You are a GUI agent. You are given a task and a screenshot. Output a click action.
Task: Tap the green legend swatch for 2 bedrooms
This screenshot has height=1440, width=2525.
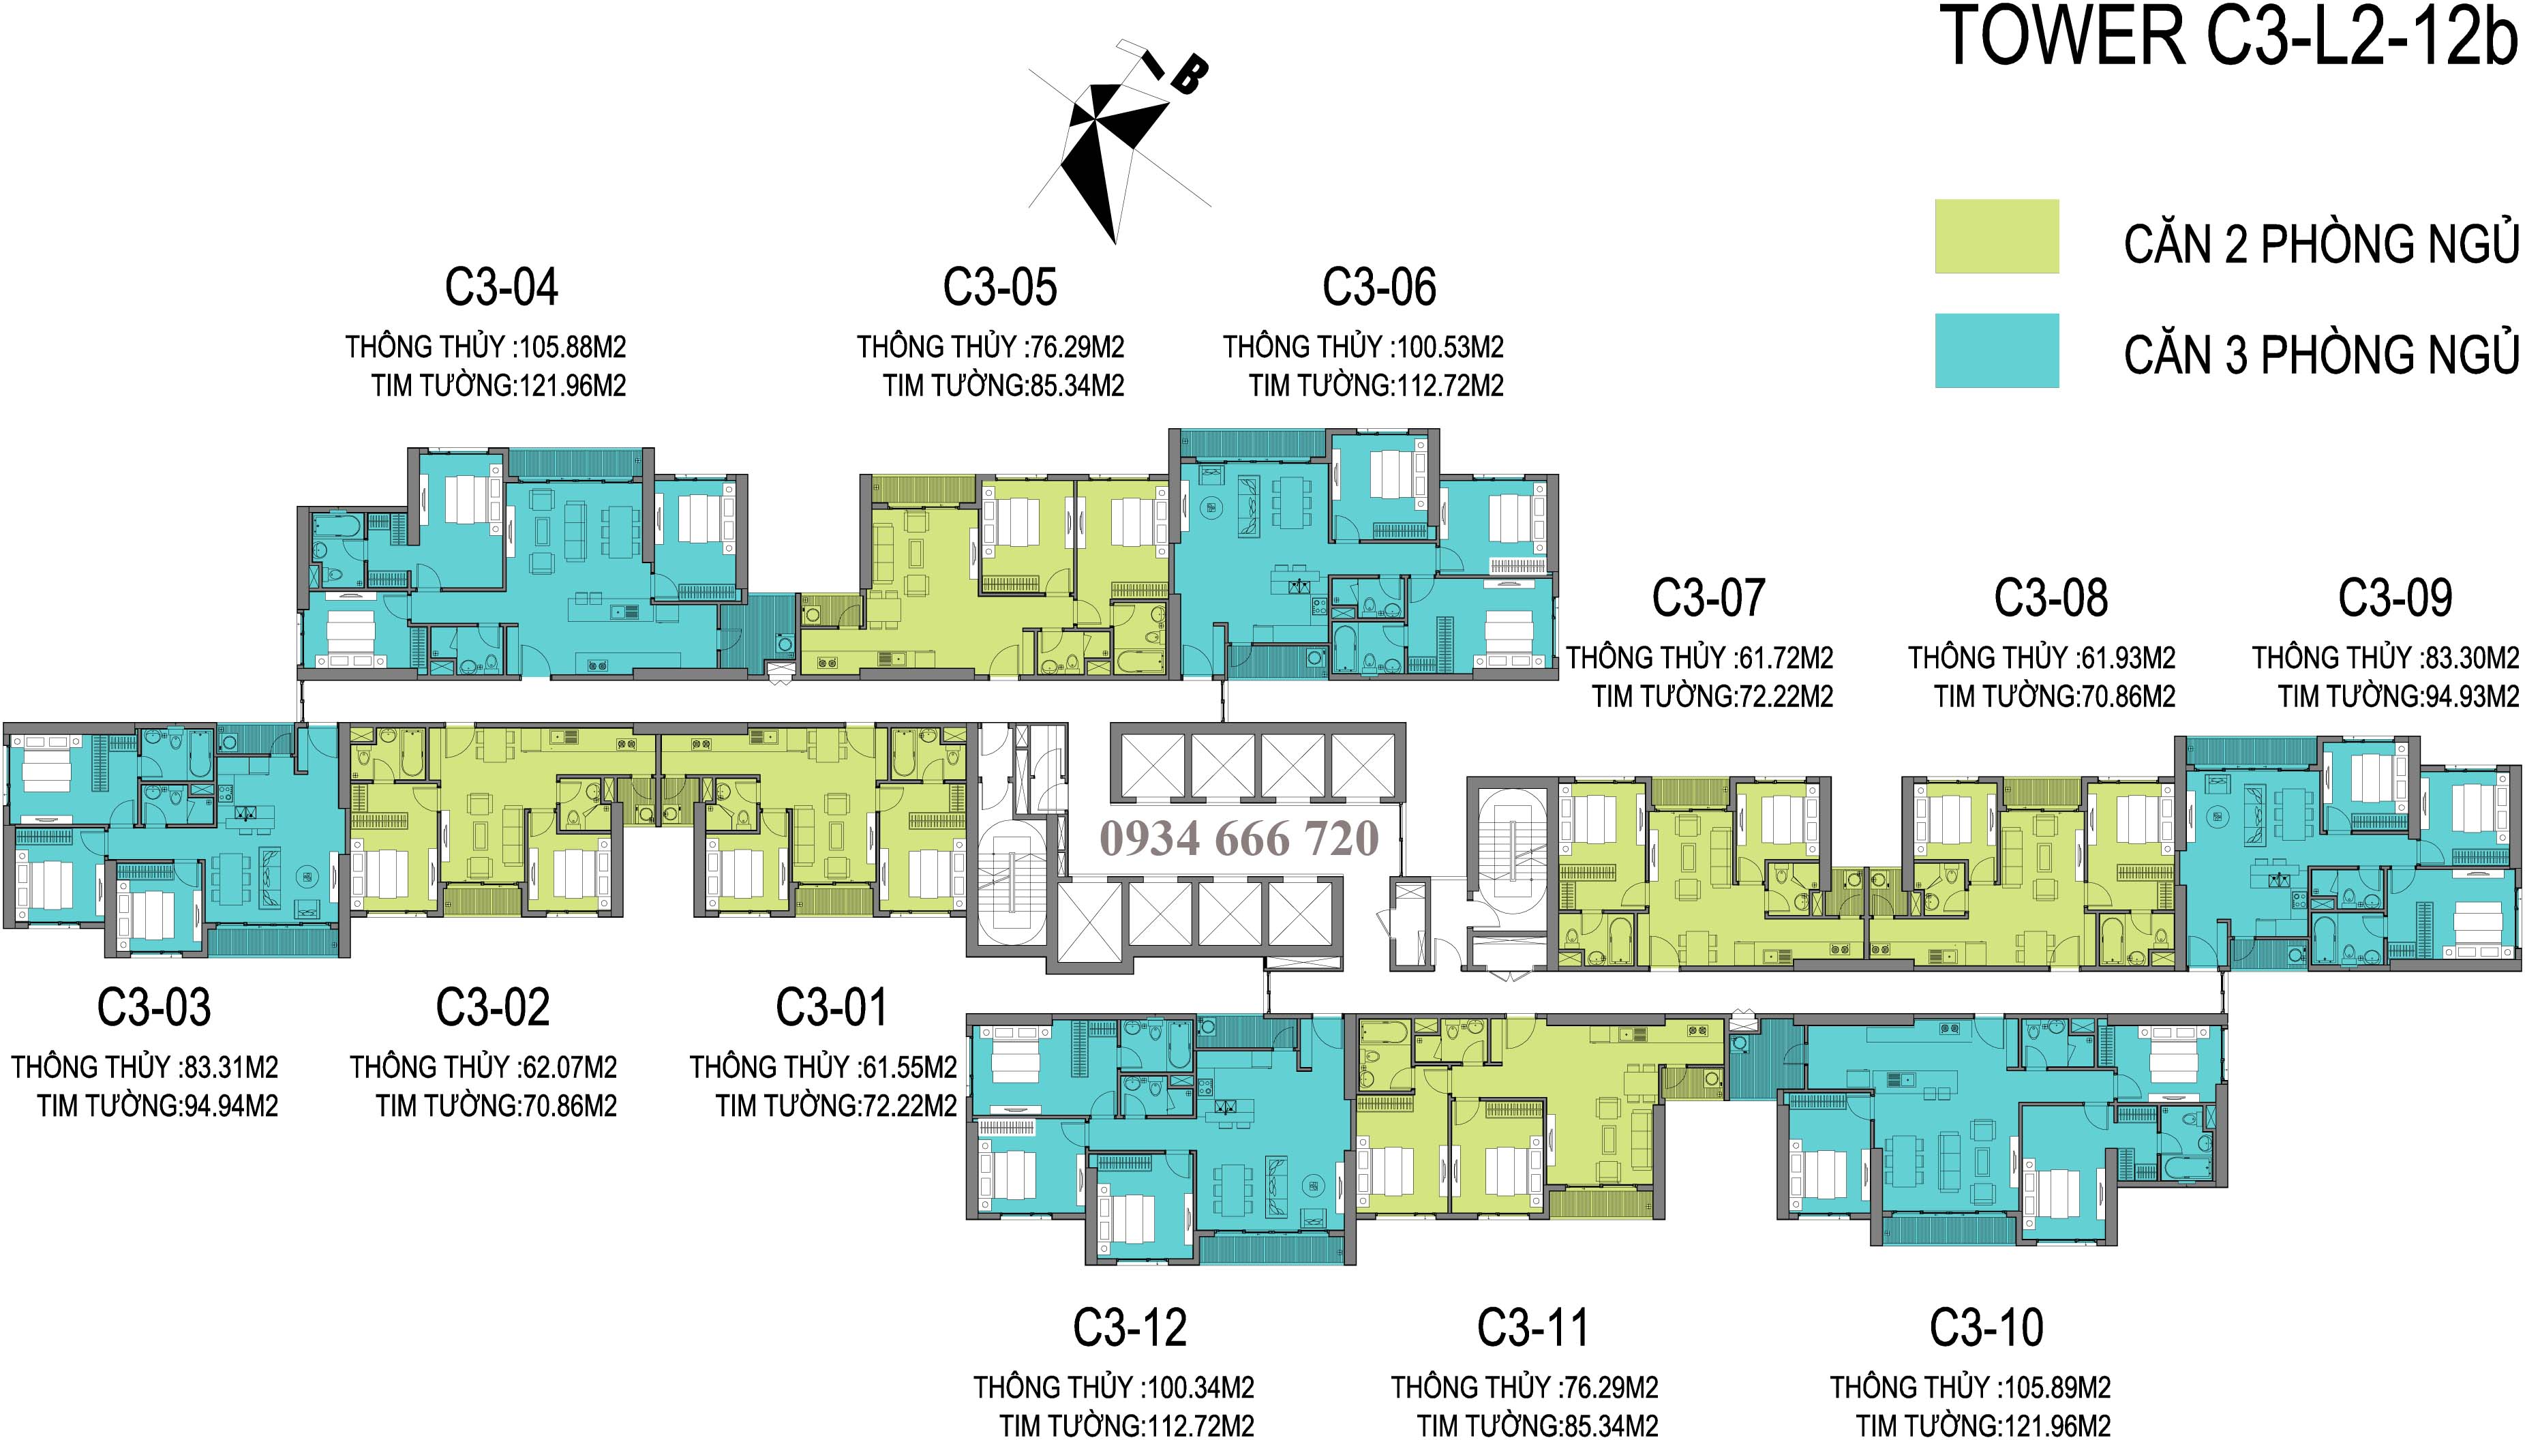pos(1996,237)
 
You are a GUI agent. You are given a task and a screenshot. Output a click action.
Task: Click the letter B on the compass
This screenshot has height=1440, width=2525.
pos(1188,75)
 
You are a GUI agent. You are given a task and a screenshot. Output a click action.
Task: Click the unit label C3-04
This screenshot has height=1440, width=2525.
pos(501,288)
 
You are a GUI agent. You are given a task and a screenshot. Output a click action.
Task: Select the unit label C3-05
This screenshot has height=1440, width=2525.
pos(999,288)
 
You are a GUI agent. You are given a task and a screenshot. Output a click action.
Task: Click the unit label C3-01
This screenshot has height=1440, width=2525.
pos(832,1008)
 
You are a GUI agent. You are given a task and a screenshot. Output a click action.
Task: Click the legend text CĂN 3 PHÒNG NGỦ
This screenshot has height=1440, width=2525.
pos(2321,354)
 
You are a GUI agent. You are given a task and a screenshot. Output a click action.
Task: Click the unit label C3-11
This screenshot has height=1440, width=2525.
pos(1532,1328)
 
